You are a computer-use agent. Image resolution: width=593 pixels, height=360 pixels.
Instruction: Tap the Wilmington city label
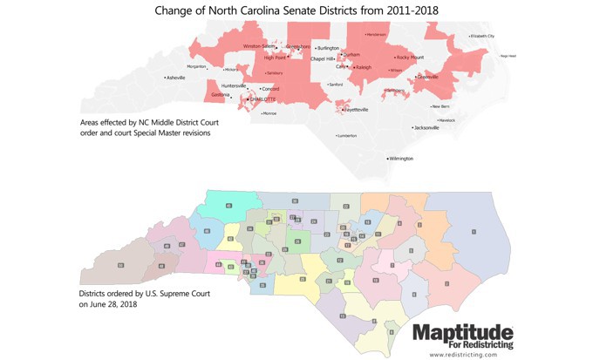402,159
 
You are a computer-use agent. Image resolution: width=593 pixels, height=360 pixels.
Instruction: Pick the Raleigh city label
364,67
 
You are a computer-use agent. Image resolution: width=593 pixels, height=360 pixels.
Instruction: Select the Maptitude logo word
462,332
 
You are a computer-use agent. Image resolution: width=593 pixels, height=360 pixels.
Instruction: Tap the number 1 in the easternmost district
473,231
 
